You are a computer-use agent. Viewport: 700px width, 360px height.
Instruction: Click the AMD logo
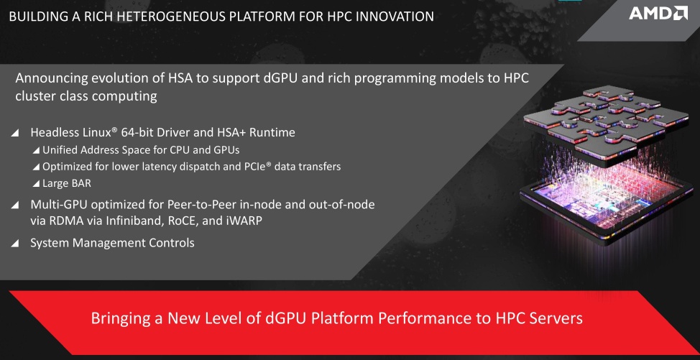tap(658, 13)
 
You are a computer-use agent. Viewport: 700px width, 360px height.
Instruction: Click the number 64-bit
tap(139, 132)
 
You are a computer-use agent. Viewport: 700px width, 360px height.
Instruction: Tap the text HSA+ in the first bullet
tap(229, 132)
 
